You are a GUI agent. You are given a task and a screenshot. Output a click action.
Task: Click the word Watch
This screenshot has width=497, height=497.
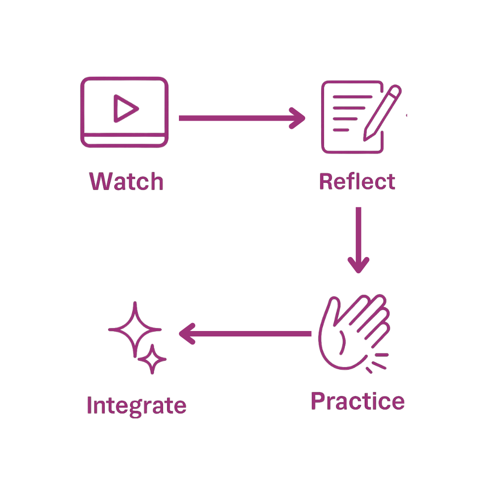pyautogui.click(x=126, y=181)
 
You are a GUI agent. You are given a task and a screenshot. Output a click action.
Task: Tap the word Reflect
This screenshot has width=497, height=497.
pyautogui.click(x=357, y=181)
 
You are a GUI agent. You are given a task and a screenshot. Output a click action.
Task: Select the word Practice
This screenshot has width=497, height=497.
pyautogui.click(x=357, y=401)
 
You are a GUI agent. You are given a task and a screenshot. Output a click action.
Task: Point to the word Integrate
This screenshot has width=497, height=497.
pyautogui.click(x=136, y=406)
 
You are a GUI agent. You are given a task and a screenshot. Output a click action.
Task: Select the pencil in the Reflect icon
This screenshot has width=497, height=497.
pyautogui.click(x=382, y=113)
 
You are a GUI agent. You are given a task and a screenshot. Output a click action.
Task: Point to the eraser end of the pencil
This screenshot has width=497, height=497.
pyautogui.click(x=396, y=90)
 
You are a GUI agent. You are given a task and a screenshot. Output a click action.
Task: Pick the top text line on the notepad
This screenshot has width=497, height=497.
pyautogui.click(x=348, y=107)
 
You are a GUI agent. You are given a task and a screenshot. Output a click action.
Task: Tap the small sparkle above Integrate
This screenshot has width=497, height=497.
pyautogui.click(x=152, y=359)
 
